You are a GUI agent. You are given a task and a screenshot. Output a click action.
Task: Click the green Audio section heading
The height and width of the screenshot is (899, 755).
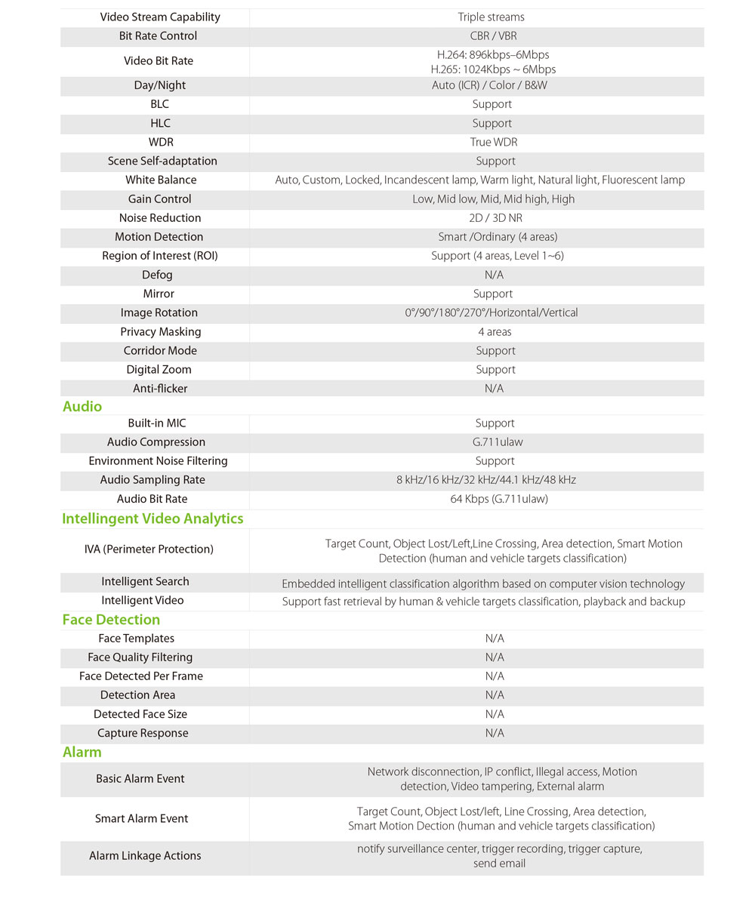click(82, 407)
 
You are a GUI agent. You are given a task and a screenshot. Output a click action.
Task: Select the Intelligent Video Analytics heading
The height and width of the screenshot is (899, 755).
click(153, 519)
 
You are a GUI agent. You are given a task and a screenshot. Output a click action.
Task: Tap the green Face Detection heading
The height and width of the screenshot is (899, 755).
click(111, 620)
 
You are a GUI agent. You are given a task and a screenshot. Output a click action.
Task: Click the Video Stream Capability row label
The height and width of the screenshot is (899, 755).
click(160, 17)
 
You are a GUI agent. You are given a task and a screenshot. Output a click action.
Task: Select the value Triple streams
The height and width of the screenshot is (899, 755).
click(491, 17)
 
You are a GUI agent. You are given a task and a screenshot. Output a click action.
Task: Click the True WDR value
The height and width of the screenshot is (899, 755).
click(494, 143)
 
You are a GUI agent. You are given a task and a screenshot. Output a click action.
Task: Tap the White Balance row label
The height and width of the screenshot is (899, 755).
click(161, 180)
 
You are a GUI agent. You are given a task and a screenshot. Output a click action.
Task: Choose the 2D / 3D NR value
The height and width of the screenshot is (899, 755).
click(495, 218)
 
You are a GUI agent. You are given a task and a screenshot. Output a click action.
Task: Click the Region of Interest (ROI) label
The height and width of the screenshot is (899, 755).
click(160, 256)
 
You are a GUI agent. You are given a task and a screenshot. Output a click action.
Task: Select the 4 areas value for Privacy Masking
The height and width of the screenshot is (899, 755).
click(495, 332)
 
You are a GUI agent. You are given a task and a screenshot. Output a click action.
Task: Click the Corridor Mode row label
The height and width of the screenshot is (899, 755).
click(160, 351)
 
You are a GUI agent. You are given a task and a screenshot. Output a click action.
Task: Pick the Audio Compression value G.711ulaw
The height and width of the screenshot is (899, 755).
click(495, 442)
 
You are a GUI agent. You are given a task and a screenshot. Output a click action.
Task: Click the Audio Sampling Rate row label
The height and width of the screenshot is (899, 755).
click(153, 480)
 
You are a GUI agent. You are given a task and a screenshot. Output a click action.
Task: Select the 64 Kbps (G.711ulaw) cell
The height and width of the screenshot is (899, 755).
click(499, 499)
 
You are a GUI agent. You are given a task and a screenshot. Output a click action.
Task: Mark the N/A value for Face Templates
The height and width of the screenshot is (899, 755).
click(495, 639)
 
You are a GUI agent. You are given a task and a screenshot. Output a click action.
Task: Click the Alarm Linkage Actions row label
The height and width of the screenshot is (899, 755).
click(145, 856)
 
